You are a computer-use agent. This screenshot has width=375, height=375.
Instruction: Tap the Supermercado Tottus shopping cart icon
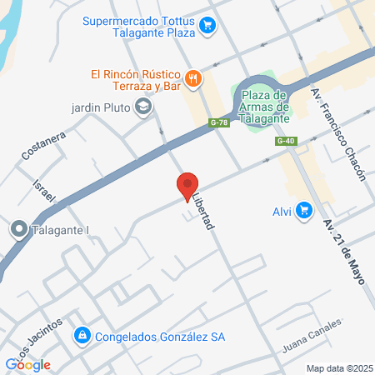point(207,26)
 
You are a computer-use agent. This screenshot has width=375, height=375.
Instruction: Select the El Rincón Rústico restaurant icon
point(193,79)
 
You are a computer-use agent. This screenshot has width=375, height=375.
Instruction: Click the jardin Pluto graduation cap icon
point(144,107)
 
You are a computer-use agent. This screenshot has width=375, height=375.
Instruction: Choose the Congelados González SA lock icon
point(82,337)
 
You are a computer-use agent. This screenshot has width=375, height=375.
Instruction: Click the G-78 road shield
point(218,123)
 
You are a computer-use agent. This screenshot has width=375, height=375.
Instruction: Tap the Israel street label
point(43,192)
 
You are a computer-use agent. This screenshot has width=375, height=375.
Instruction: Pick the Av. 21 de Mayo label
point(345,250)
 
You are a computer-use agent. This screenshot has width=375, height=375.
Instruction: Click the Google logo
point(27,364)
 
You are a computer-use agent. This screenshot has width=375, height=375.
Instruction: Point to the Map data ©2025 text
point(338,368)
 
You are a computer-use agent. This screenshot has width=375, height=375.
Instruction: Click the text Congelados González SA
point(160,337)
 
